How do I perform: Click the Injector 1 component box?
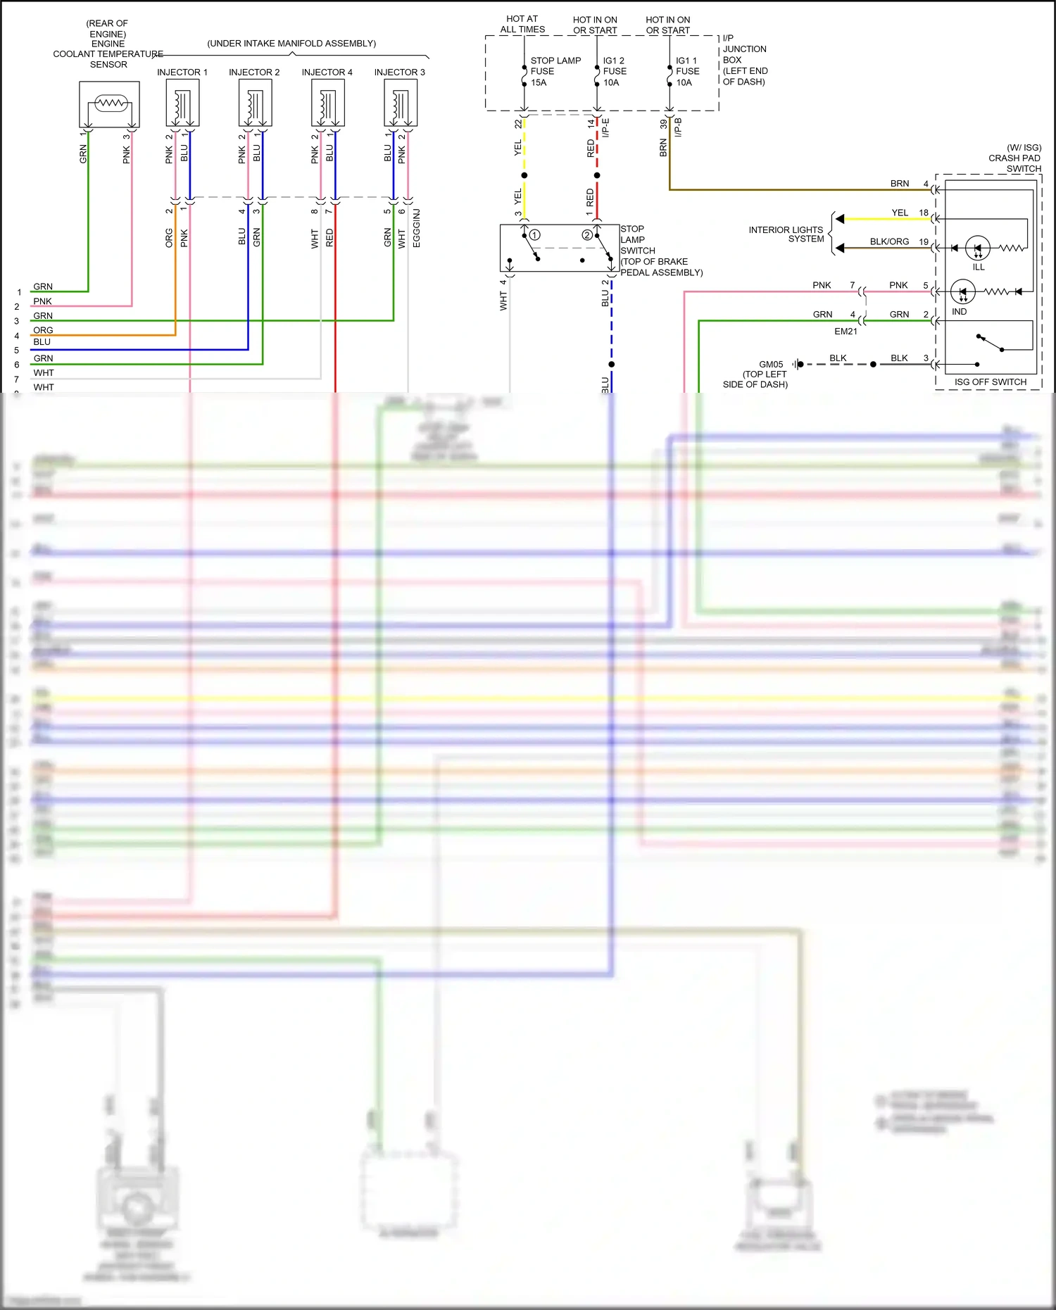pos(182,103)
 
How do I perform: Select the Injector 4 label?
pos(327,73)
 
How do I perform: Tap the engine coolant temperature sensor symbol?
pos(109,103)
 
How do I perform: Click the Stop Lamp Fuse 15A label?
pos(555,71)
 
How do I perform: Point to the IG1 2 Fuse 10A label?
pos(614,71)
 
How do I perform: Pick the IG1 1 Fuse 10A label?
pos(687,71)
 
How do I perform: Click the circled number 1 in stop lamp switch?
pos(535,235)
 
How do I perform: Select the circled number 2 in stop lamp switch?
pos(587,235)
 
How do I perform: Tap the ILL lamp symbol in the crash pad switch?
pos(978,248)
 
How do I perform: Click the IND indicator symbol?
pos(962,291)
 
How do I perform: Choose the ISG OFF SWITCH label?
pos(990,382)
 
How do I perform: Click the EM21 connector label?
pos(846,332)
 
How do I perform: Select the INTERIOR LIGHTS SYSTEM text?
pos(786,234)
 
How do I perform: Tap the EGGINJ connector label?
pos(417,228)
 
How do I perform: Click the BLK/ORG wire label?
pos(889,241)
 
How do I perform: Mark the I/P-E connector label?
pos(606,127)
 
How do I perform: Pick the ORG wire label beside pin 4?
pos(43,330)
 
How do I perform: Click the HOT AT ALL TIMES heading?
pos(522,25)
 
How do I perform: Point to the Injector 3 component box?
pos(401,103)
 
